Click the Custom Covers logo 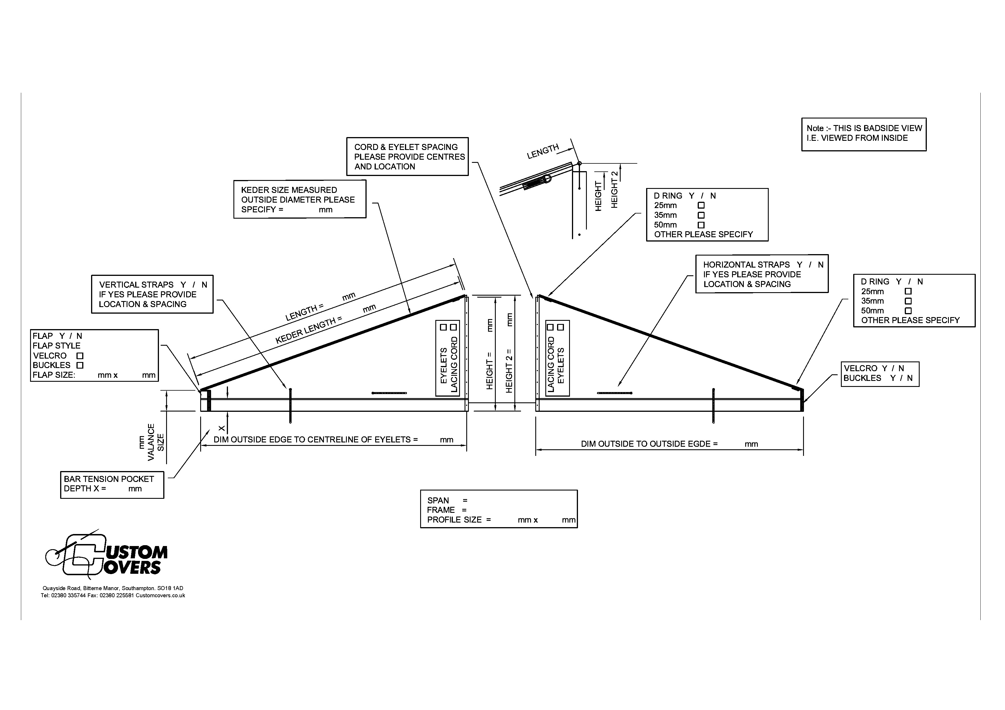106,555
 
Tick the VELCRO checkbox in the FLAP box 80,356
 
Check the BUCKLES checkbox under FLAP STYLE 80,365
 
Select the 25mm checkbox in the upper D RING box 701,205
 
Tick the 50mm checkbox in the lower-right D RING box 908,310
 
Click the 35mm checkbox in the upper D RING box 701,215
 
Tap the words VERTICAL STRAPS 136,285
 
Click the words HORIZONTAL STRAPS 746,265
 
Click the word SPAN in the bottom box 438,501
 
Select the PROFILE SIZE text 454,520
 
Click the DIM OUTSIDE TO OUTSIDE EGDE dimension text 649,444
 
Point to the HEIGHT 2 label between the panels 509,371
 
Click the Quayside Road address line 113,588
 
